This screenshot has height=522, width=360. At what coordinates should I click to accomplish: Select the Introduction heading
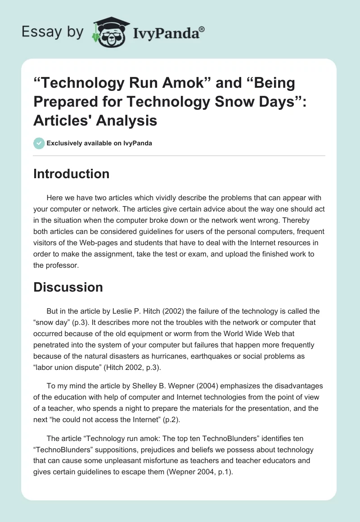pos(71,174)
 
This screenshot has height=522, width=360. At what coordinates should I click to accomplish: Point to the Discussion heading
pos(68,287)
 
